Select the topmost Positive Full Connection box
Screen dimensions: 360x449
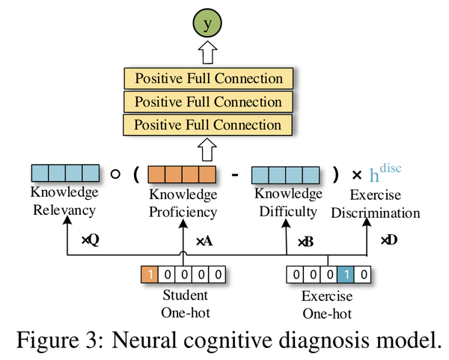point(209,79)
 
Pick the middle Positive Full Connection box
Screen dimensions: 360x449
point(209,102)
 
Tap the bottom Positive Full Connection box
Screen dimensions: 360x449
point(209,125)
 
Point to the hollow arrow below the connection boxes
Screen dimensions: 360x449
point(210,150)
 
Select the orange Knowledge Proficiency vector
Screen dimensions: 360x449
point(182,176)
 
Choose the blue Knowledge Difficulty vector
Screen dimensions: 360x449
point(285,175)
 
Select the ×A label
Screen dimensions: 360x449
point(204,241)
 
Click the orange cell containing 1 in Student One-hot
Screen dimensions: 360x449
point(150,275)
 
